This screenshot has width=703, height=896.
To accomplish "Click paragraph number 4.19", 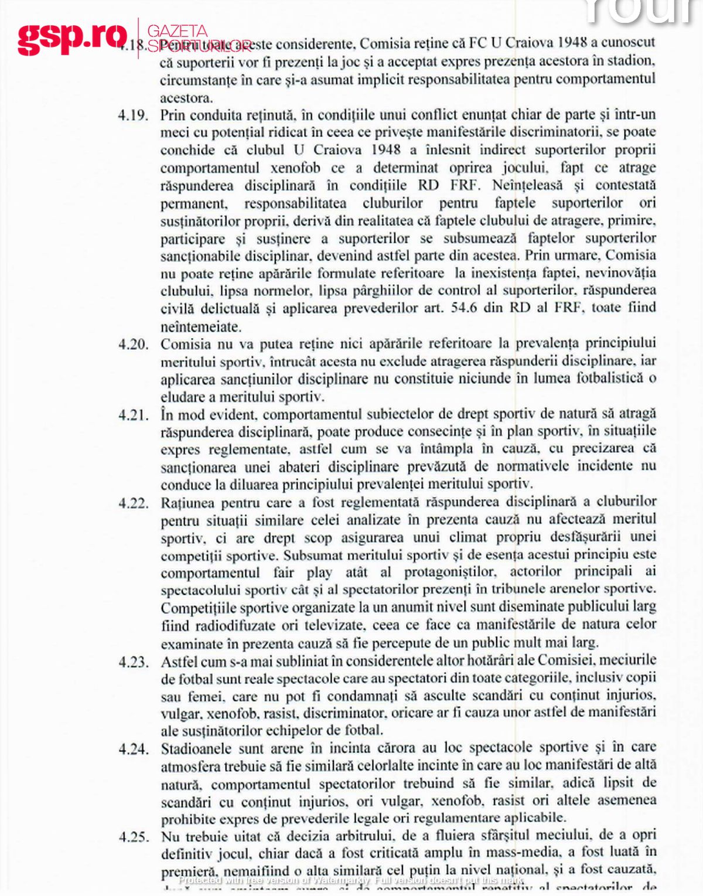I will tap(133, 115).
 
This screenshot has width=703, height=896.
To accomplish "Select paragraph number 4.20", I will tap(133, 344).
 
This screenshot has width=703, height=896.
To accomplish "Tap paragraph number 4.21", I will tap(133, 415).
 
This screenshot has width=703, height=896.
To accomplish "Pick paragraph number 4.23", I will tap(133, 662).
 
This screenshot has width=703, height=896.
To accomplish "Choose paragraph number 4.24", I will tap(133, 749).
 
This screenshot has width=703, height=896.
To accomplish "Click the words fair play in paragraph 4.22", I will tap(302, 573).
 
